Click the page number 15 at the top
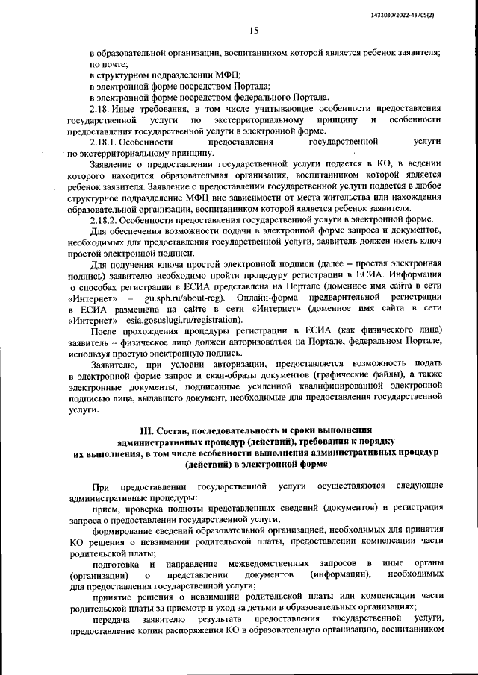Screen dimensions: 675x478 pyautogui.click(x=253, y=31)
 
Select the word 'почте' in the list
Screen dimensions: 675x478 pyautogui.click(x=105, y=64)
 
